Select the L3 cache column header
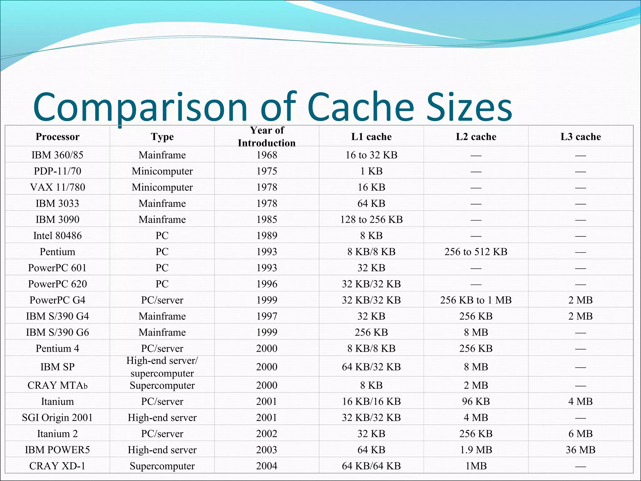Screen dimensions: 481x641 [581, 137]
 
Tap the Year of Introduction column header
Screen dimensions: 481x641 [267, 137]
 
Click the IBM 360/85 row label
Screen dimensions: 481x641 [57, 155]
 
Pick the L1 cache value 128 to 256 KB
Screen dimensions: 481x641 [371, 220]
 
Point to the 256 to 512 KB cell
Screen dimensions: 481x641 [476, 252]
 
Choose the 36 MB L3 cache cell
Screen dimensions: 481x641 [581, 450]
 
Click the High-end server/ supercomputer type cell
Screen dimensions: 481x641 [162, 367]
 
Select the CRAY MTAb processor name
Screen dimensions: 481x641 [57, 385]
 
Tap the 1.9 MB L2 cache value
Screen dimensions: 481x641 [476, 450]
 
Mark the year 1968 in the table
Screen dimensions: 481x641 [267, 155]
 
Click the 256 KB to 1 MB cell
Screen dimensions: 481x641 [476, 300]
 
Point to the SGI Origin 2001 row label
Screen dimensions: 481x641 [57, 418]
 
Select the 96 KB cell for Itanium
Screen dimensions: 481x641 [476, 401]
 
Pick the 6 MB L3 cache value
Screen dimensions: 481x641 [581, 434]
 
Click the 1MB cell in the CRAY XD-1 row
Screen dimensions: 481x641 [476, 466]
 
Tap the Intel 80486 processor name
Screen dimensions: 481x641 [57, 235]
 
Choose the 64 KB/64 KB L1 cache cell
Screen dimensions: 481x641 [371, 466]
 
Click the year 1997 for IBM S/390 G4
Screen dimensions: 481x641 [267, 316]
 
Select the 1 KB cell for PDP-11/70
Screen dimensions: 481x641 [371, 171]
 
